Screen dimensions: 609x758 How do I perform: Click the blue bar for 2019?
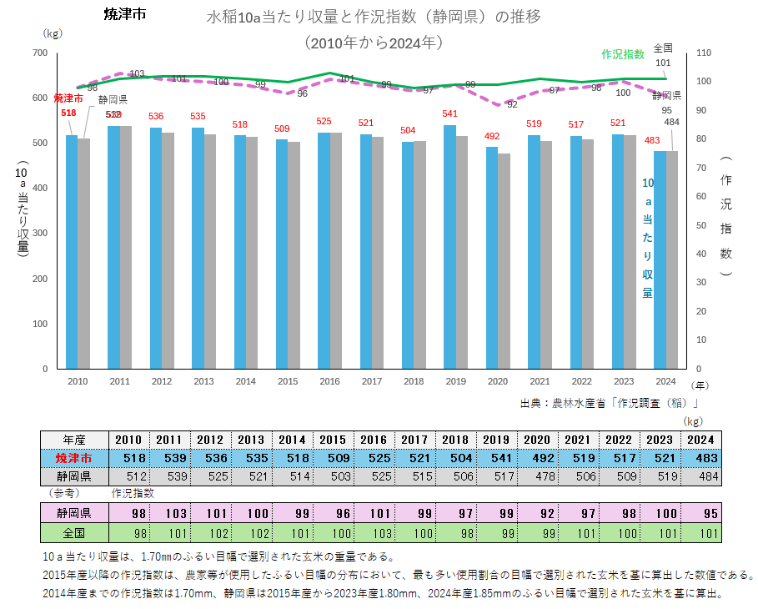[x=449, y=247]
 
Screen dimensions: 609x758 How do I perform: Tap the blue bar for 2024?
[x=660, y=259]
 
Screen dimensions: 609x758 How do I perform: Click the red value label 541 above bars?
[x=450, y=113]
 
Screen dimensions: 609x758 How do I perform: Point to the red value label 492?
[x=492, y=136]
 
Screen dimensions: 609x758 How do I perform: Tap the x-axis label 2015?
[x=288, y=380]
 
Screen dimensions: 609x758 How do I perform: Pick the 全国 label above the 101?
[x=663, y=48]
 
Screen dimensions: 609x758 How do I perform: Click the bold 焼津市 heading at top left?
[x=125, y=14]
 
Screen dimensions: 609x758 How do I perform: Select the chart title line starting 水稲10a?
[x=378, y=18]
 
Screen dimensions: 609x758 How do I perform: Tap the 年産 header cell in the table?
[x=74, y=440]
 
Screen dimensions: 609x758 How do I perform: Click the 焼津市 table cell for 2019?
[x=496, y=458]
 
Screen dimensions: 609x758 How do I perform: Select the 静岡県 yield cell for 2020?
[x=537, y=476]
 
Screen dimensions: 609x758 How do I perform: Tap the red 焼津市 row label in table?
[x=74, y=458]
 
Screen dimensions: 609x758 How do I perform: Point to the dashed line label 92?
[x=512, y=104]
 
